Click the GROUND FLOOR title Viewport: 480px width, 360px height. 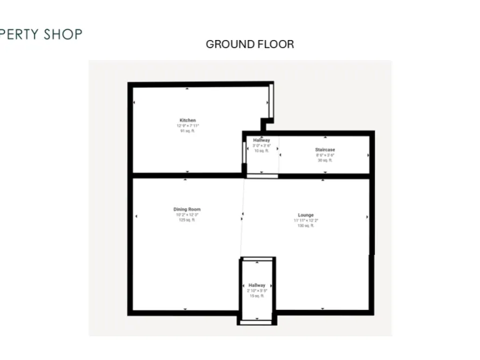[249, 44]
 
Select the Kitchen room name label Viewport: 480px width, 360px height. [187, 120]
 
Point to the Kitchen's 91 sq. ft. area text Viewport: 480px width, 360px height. [187, 131]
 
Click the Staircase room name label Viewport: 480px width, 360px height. [324, 149]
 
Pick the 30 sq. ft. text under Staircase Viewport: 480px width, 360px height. [324, 161]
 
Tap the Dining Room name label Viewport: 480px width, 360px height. [187, 209]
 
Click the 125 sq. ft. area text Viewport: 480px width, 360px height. [187, 220]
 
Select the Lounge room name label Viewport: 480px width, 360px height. [306, 215]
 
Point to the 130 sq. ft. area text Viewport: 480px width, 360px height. [306, 226]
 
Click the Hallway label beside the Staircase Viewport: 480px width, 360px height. [261, 140]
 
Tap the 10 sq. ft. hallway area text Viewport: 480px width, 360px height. [261, 151]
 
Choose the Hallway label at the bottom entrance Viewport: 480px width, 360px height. [256, 285]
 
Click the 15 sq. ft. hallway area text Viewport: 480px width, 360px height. [256, 296]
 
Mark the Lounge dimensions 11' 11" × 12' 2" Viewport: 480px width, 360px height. [306, 221]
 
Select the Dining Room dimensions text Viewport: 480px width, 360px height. [187, 215]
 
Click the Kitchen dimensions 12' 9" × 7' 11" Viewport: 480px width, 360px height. [187, 126]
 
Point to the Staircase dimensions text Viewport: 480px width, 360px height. [324, 155]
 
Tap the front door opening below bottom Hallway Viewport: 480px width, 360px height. [256, 322]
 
